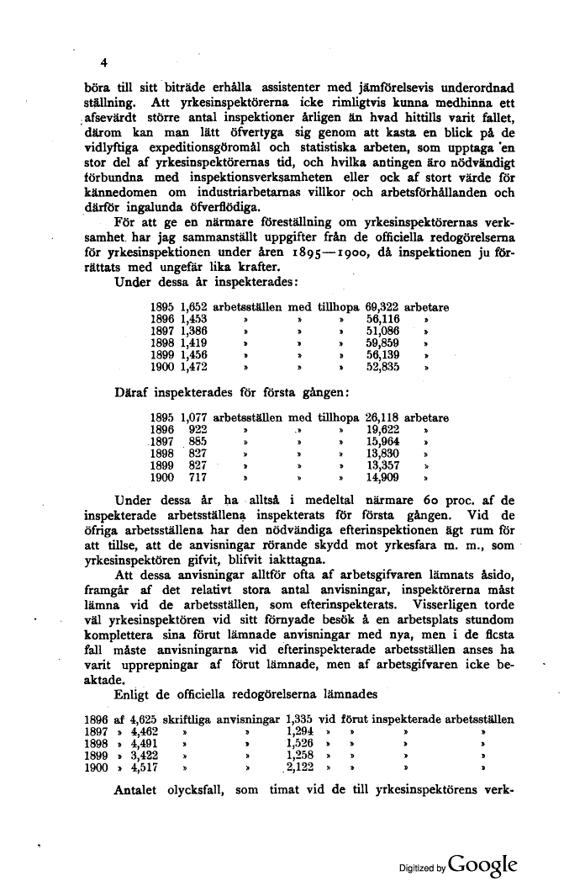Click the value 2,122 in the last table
coord(300,767)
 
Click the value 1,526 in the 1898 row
coord(300,743)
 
